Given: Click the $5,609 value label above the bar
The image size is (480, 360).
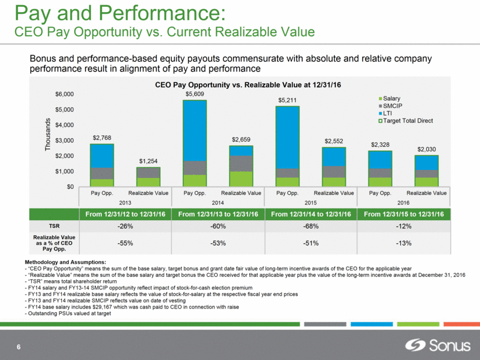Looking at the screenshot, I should tap(195, 94).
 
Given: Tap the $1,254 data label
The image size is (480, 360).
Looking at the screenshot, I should tap(149, 161).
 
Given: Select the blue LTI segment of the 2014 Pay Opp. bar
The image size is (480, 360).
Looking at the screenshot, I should tap(195, 130).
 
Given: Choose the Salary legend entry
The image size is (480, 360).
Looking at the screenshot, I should tap(391, 99).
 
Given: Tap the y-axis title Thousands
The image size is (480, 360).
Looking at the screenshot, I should tap(49, 135).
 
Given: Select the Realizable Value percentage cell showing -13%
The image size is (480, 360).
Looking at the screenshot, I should tap(403, 243).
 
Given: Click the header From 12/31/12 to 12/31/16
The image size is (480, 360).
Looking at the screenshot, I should tap(125, 215).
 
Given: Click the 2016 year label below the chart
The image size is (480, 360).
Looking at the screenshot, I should tap(403, 203).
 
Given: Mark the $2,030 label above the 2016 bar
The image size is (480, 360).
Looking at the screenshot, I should tap(426, 149).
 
